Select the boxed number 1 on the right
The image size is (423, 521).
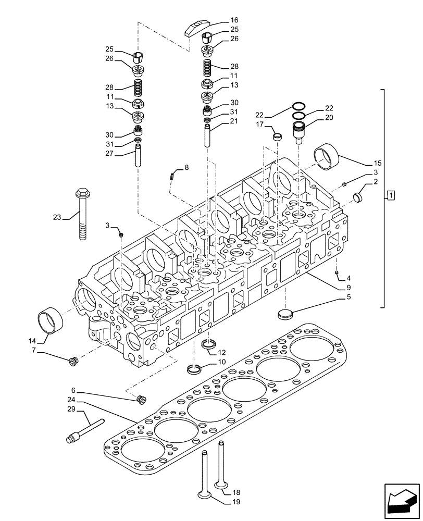391,195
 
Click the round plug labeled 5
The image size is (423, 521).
285,314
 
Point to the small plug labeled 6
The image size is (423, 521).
140,400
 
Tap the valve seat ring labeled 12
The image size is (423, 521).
208,344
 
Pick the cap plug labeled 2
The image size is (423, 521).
357,197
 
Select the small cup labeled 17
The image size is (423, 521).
278,137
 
